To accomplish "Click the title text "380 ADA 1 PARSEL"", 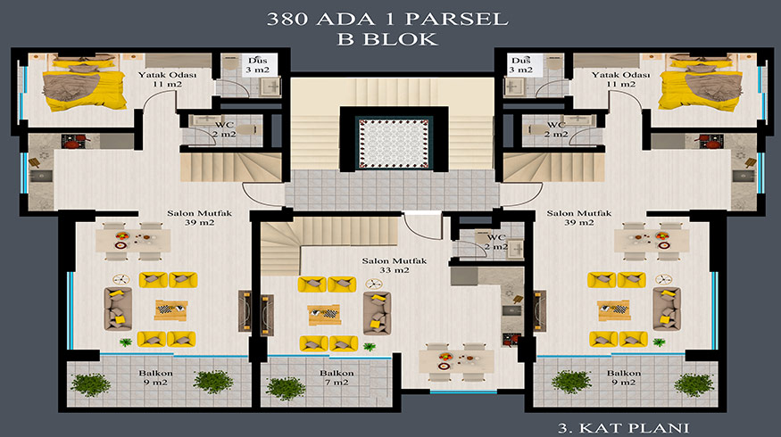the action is tap(387, 19).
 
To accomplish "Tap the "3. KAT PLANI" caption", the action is tap(624, 427).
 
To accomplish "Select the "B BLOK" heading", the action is tap(387, 39).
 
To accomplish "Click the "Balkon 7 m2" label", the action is tap(336, 377).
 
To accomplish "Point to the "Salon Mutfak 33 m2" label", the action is tap(394, 265).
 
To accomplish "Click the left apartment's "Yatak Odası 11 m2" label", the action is tap(168, 79).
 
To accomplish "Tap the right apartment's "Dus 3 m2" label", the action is tap(521, 65).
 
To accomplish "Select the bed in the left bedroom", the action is tap(84, 83).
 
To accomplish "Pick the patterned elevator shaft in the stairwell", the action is tap(394, 144).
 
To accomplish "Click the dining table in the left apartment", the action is tap(133, 241).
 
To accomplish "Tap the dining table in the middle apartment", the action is tap(456, 362).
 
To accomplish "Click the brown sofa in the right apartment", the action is tap(667, 309).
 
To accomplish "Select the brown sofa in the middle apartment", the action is tap(377, 313).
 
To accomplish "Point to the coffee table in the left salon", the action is tap(170, 310).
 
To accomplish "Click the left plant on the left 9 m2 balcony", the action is tap(91, 384).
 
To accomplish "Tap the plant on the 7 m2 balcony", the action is tap(286, 388).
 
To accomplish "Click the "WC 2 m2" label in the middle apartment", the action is tap(496, 242).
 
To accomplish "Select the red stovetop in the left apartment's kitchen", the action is tap(73, 141).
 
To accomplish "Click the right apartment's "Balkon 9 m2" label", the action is tap(624, 377).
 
